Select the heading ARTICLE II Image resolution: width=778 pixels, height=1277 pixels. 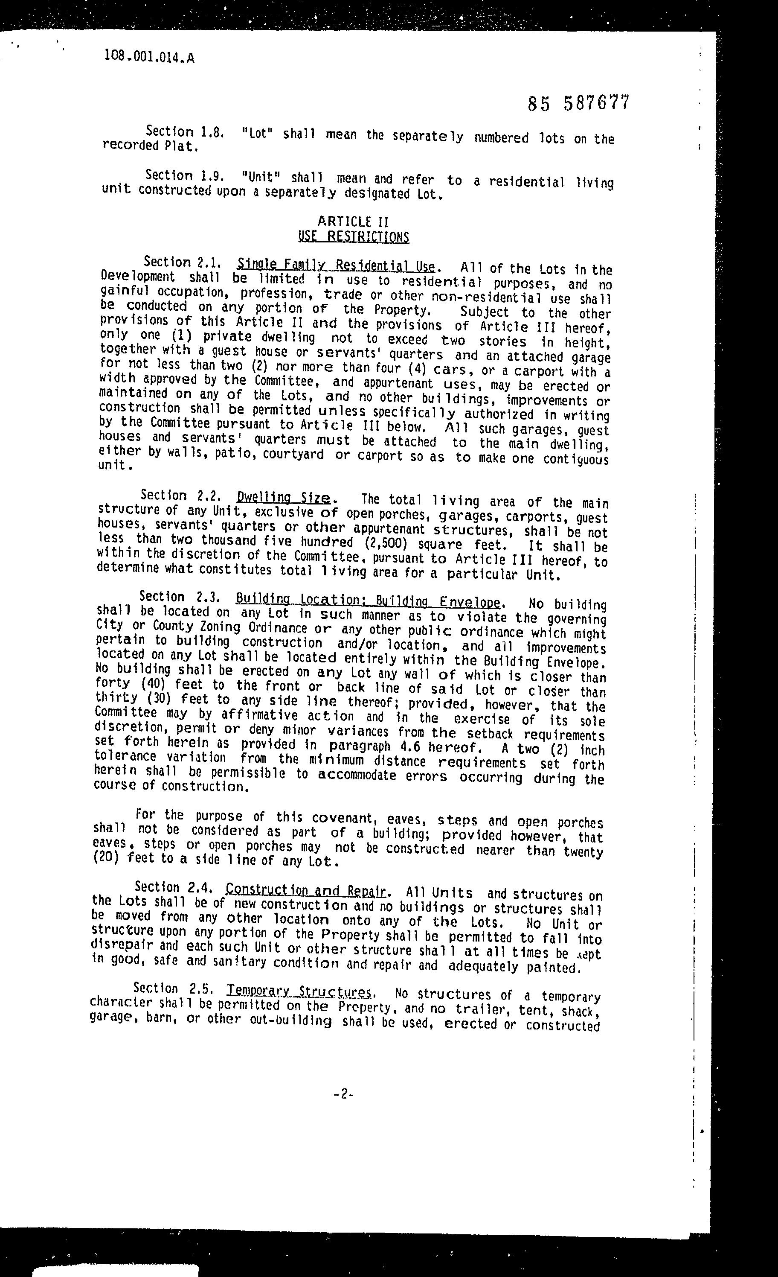pyautogui.click(x=353, y=222)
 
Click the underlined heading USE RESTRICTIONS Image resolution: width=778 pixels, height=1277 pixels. pyautogui.click(x=354, y=237)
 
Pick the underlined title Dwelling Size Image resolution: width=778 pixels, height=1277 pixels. pyautogui.click(x=283, y=498)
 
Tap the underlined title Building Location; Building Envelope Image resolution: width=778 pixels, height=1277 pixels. pyautogui.click(x=368, y=601)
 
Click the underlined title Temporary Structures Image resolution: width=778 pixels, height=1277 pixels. pyautogui.click(x=299, y=991)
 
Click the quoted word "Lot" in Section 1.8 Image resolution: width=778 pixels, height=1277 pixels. pyautogui.click(x=257, y=133)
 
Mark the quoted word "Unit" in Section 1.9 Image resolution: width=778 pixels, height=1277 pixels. pyautogui.click(x=261, y=177)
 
